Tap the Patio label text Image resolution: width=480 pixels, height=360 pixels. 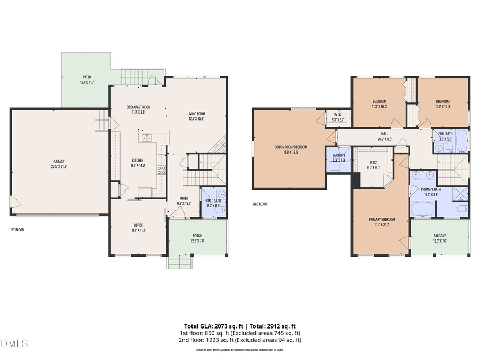pos(86,79)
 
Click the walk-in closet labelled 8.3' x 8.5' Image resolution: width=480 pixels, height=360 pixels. pos(373,164)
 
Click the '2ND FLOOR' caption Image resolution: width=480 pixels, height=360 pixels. pos(261,204)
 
